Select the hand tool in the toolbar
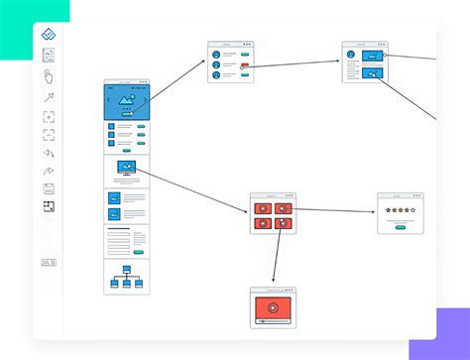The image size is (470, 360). coord(49,76)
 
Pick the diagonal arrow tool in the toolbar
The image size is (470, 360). coord(49,97)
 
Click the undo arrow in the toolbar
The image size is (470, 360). coord(49,153)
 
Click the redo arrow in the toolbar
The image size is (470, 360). coord(49,171)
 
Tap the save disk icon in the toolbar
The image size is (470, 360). coord(49,188)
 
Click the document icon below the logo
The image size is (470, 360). coord(49,56)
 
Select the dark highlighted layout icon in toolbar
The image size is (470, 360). coord(49,207)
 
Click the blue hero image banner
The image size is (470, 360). coord(127,101)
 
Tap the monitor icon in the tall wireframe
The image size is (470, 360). coord(127,169)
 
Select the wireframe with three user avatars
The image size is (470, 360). coord(230,62)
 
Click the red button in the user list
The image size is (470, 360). coord(244,65)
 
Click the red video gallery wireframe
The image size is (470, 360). coord(272,213)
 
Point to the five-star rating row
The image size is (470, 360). coord(400,211)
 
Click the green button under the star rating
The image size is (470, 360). coord(400,226)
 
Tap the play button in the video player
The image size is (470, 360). coord(272,307)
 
